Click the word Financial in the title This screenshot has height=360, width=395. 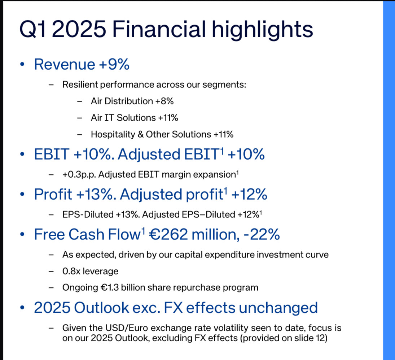pos(159,29)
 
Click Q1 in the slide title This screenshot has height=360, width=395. pos(33,30)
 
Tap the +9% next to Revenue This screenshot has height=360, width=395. pos(114,64)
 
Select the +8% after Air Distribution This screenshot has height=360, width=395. pos(164,101)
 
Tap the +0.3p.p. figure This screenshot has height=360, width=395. pos(79,175)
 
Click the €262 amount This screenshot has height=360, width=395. pos(168,234)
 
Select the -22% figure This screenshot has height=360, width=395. pos(262,234)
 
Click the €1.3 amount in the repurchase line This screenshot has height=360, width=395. pos(110,288)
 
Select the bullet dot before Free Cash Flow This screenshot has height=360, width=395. pos(22,234)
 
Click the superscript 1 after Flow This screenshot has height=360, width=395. pos(143,230)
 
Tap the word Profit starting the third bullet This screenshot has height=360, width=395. pos(53,195)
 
